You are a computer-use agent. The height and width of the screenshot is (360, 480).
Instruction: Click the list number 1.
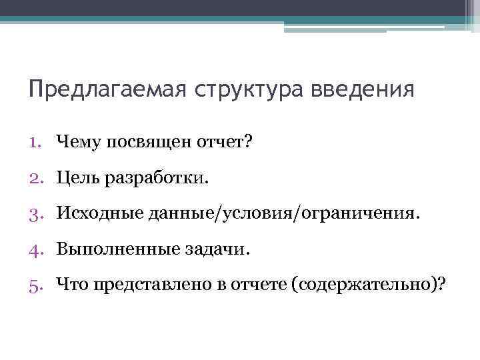pos(37,141)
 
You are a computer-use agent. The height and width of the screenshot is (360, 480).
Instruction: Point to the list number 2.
pos(37,177)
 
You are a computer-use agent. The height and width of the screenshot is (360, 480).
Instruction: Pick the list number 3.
pos(37,213)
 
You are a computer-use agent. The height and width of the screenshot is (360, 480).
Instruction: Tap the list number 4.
pos(37,249)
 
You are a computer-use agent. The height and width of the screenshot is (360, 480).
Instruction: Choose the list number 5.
pos(37,285)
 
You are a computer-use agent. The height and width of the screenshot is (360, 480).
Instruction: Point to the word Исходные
pos(96,213)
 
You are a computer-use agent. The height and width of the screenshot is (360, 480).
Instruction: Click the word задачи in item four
pos(212,249)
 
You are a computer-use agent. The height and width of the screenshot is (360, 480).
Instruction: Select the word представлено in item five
pos(147,285)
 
